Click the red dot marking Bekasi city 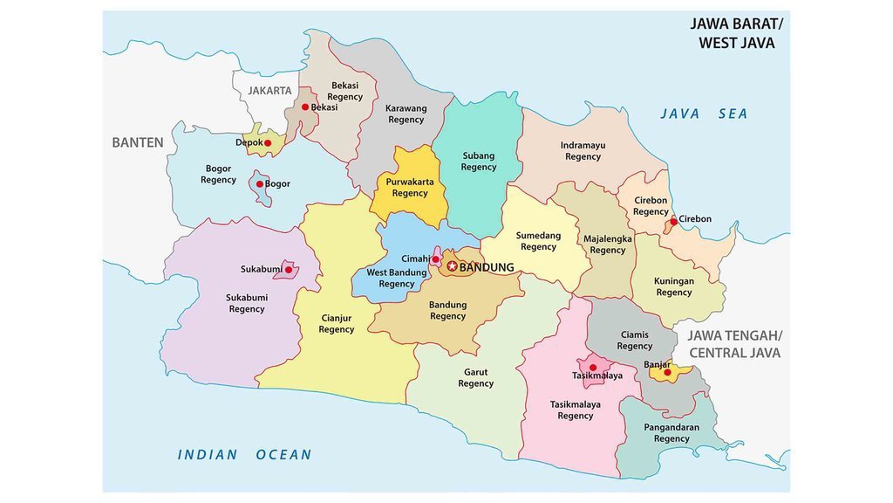pyautogui.click(x=305, y=107)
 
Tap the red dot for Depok pyautogui.click(x=268, y=143)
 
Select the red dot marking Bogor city pyautogui.click(x=259, y=184)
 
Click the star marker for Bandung pyautogui.click(x=452, y=266)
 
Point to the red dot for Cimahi pyautogui.click(x=435, y=259)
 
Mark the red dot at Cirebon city pyautogui.click(x=673, y=222)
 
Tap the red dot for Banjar pyautogui.click(x=668, y=373)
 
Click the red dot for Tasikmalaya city pyautogui.click(x=593, y=368)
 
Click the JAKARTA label pyautogui.click(x=269, y=90)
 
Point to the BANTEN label pyautogui.click(x=137, y=142)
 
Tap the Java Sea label pyautogui.click(x=704, y=114)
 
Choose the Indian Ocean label pyautogui.click(x=244, y=454)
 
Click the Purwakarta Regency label pyautogui.click(x=410, y=188)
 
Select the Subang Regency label pyautogui.click(x=478, y=162)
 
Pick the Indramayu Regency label pyautogui.click(x=583, y=151)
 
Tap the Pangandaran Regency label pyautogui.click(x=671, y=433)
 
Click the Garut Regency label pyautogui.click(x=475, y=377)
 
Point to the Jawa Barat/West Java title pyautogui.click(x=736, y=33)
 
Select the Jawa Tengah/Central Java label pyautogui.click(x=734, y=344)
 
